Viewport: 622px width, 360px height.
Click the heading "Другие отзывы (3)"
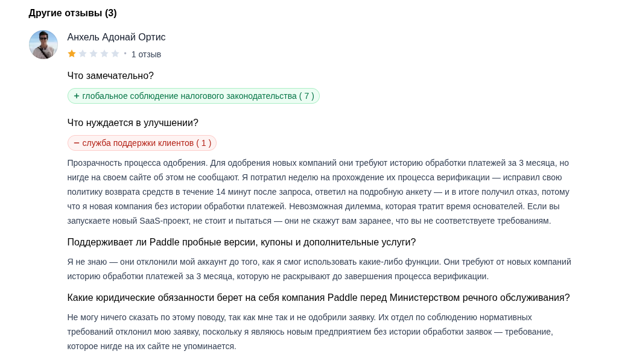[x=72, y=13]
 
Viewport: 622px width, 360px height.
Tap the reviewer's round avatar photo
[x=43, y=45]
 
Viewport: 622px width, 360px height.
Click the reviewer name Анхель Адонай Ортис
[x=116, y=37]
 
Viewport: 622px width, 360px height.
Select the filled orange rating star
[x=72, y=54]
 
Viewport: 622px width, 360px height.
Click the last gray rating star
[x=115, y=54]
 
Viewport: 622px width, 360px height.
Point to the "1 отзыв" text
[x=146, y=54]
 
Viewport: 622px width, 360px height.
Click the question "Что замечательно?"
[x=110, y=76]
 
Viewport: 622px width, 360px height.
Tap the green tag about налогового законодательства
[x=194, y=96]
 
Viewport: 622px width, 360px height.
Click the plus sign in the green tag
[x=77, y=96]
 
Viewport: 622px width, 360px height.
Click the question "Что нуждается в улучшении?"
[x=133, y=123]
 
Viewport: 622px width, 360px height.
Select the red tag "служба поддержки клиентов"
[x=142, y=143]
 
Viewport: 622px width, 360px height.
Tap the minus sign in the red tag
[x=77, y=143]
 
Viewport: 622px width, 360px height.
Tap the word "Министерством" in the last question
[x=424, y=298]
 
